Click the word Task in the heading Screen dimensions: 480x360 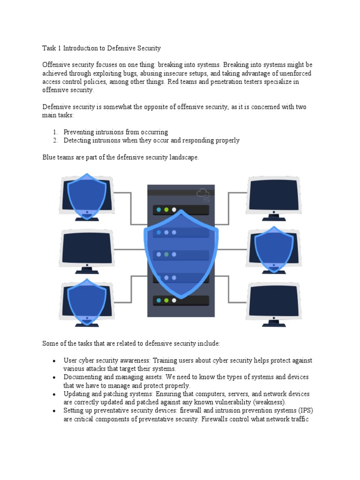50,48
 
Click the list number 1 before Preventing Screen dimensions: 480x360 54,132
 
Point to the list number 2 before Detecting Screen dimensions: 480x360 54,140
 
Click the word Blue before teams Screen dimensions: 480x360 50,157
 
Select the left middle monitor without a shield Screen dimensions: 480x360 87,249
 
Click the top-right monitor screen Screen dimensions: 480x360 274,195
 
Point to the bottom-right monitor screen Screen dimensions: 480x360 274,301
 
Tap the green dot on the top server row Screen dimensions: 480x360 166,210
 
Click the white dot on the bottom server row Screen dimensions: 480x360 174,300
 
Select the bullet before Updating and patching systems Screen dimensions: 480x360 54,395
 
